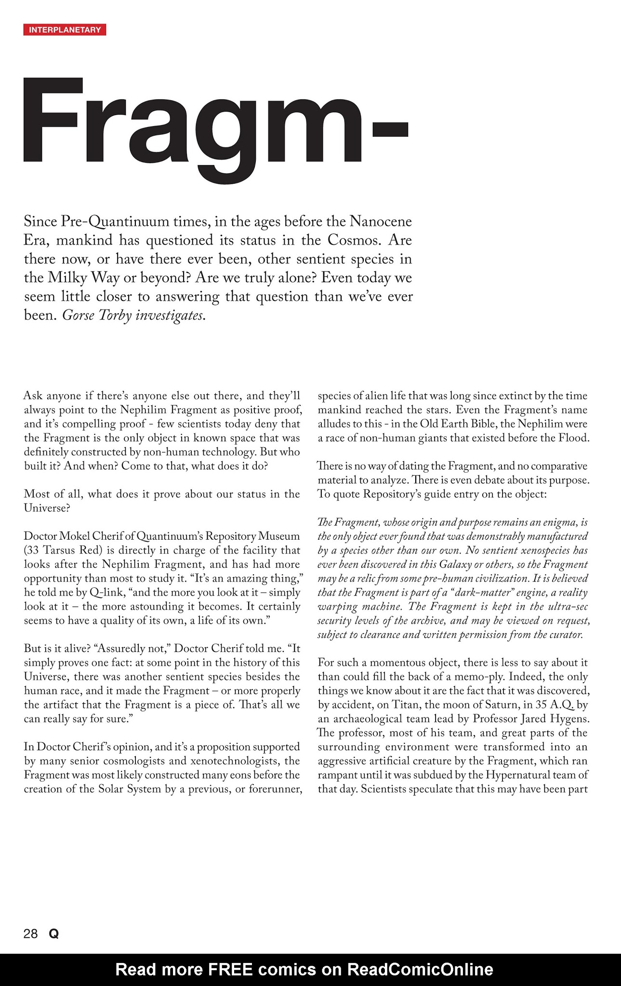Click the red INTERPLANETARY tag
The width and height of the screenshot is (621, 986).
click(x=65, y=30)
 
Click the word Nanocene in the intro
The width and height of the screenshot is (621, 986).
click(x=381, y=221)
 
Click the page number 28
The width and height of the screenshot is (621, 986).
click(x=30, y=934)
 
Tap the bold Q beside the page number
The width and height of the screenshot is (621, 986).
click(x=54, y=934)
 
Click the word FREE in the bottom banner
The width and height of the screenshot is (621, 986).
click(x=229, y=969)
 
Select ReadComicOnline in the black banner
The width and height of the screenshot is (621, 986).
click(x=420, y=969)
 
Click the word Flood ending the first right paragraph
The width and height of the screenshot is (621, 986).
click(x=573, y=438)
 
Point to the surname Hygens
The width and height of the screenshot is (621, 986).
click(x=572, y=718)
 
